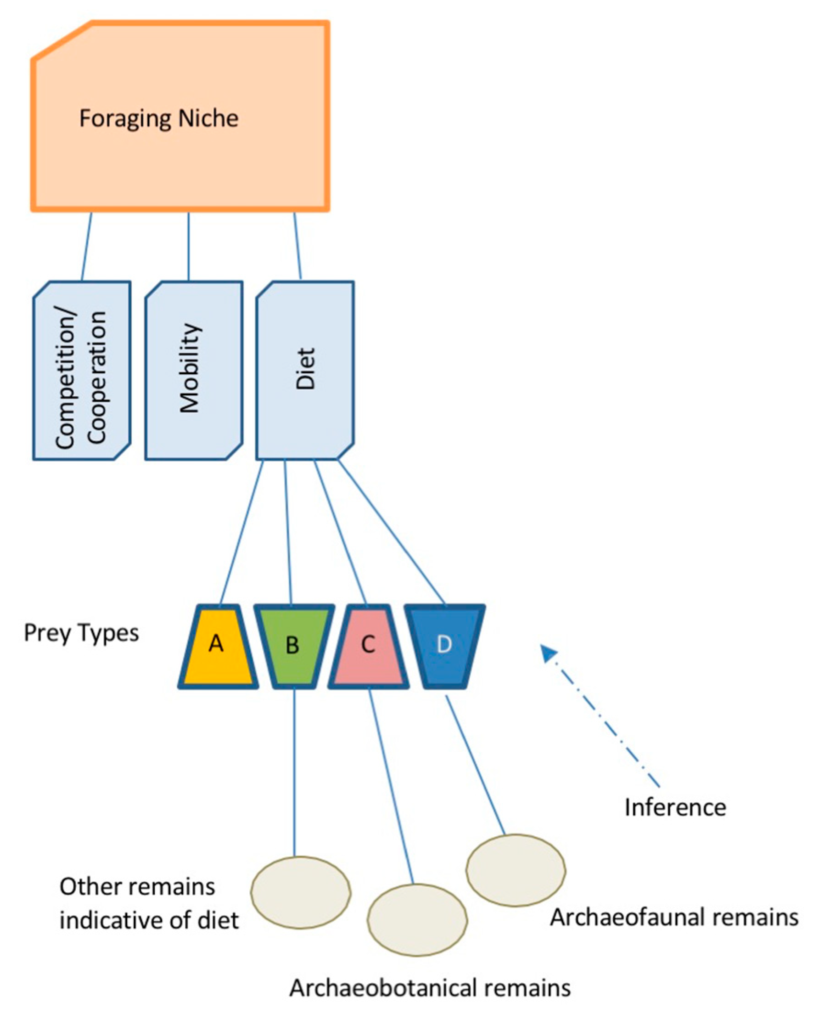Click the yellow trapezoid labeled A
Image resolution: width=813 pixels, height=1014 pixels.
pyautogui.click(x=217, y=647)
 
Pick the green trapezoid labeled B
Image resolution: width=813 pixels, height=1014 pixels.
pyautogui.click(x=293, y=647)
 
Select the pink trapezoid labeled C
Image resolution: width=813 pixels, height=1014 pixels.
pyautogui.click(x=368, y=647)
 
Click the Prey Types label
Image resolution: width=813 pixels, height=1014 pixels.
pyautogui.click(x=81, y=633)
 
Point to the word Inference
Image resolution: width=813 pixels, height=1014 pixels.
pyautogui.click(x=675, y=807)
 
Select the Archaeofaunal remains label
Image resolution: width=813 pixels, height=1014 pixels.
pyautogui.click(x=674, y=918)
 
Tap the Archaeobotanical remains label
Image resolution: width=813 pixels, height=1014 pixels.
pyautogui.click(x=429, y=988)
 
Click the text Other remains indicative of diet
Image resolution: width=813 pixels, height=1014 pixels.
pyautogui.click(x=148, y=903)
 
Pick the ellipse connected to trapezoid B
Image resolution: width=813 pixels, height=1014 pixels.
pyautogui.click(x=301, y=892)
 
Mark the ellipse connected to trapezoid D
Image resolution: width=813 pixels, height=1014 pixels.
pyautogui.click(x=516, y=870)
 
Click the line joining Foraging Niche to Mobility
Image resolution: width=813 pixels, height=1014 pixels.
pyautogui.click(x=189, y=247)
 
